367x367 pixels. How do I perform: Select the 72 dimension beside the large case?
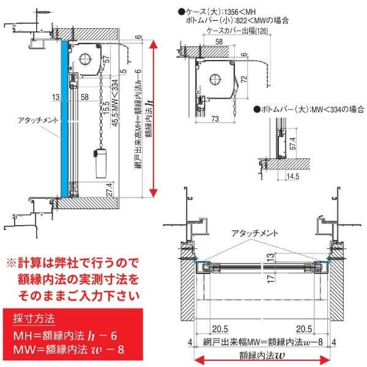coord(243,78)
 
